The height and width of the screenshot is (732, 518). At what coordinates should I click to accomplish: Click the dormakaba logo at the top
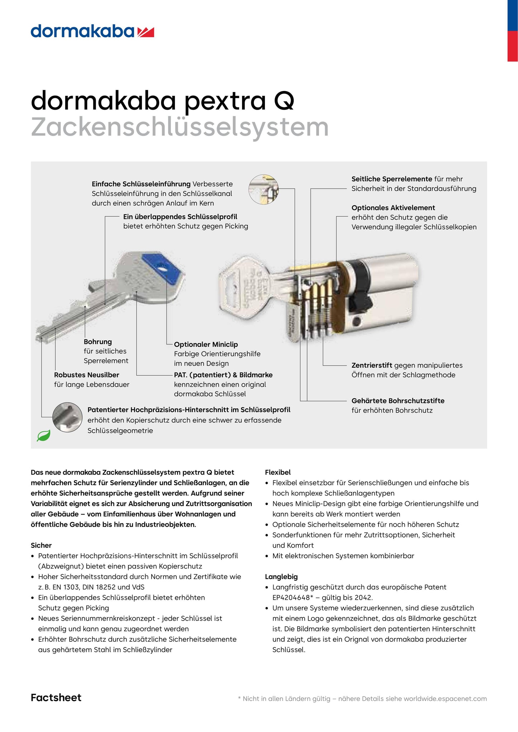coord(92,32)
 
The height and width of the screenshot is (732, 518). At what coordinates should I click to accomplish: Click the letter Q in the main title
coord(284,101)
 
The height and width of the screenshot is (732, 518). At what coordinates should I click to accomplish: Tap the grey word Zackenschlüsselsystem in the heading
coord(180,127)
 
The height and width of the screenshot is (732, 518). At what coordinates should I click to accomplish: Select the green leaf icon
coord(44,436)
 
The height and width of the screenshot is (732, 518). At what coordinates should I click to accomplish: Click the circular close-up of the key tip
coord(67,417)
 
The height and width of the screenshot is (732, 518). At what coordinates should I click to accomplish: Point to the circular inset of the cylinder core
coord(263,190)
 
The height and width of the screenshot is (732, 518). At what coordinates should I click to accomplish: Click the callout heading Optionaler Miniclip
coord(206,344)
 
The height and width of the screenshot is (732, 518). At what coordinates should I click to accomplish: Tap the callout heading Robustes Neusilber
coord(86,375)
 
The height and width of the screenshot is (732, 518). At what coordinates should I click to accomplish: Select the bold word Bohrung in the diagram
coord(98,342)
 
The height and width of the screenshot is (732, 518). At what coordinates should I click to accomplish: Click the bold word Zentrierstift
coord(372,365)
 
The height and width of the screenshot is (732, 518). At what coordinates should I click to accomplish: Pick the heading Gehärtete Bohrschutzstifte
coord(398,401)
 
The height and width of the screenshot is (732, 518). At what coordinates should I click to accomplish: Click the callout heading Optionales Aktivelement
coord(393,208)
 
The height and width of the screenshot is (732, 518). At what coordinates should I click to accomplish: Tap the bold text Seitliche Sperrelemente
coord(391,179)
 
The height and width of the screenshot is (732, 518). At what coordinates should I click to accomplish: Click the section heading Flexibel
coord(277,472)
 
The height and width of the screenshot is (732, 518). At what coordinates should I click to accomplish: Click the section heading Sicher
coord(41,545)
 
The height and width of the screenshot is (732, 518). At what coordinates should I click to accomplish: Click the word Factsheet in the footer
coord(56,697)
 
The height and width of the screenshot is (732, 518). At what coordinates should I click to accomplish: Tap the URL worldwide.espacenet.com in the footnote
coord(445,699)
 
